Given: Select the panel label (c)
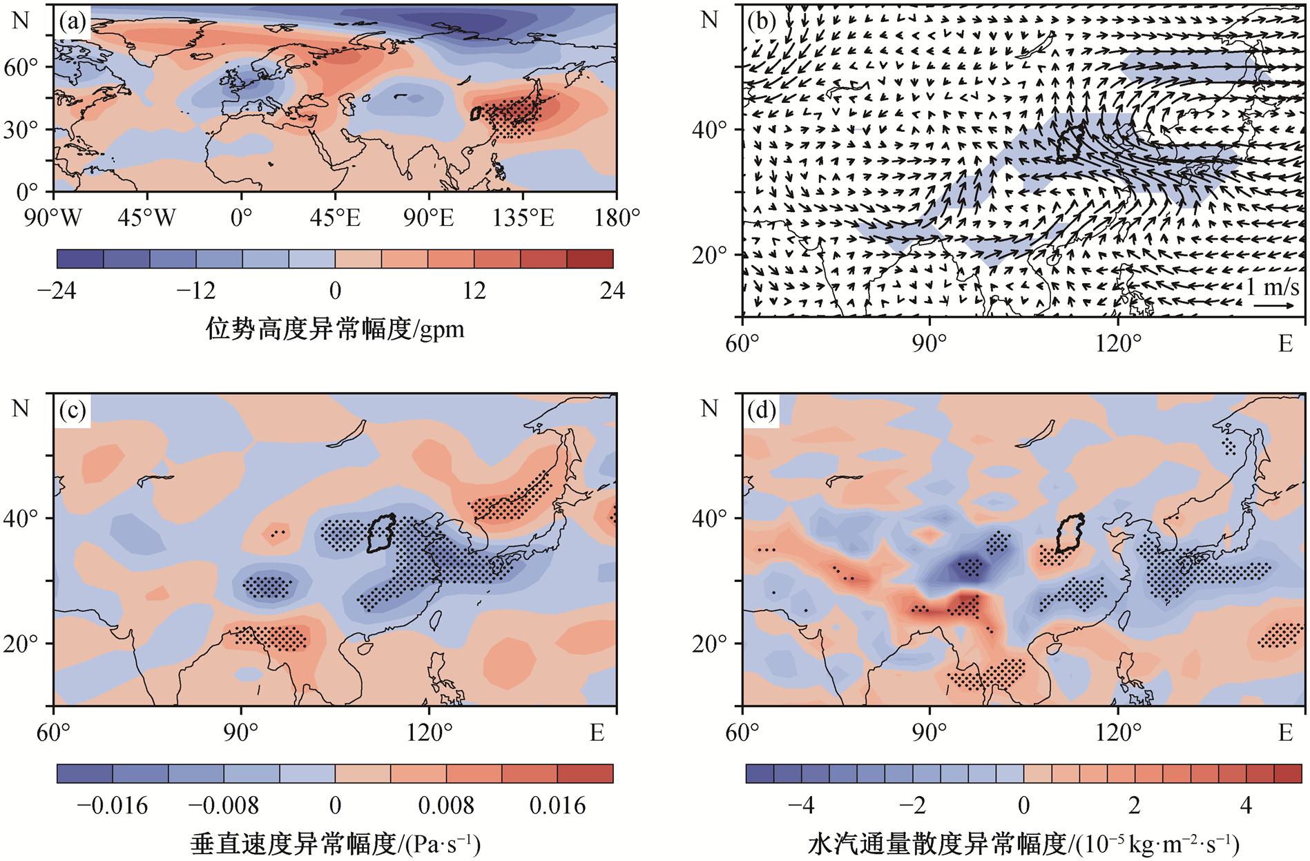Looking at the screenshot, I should (73, 412).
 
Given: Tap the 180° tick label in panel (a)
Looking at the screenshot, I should (617, 219).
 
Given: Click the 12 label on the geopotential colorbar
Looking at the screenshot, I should (474, 291).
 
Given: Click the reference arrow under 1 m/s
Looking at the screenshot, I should (1274, 305).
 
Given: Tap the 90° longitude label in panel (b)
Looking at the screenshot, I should (929, 342).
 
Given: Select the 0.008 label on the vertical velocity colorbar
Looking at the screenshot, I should (446, 805).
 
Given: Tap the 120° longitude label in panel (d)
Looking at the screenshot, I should (1117, 732).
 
